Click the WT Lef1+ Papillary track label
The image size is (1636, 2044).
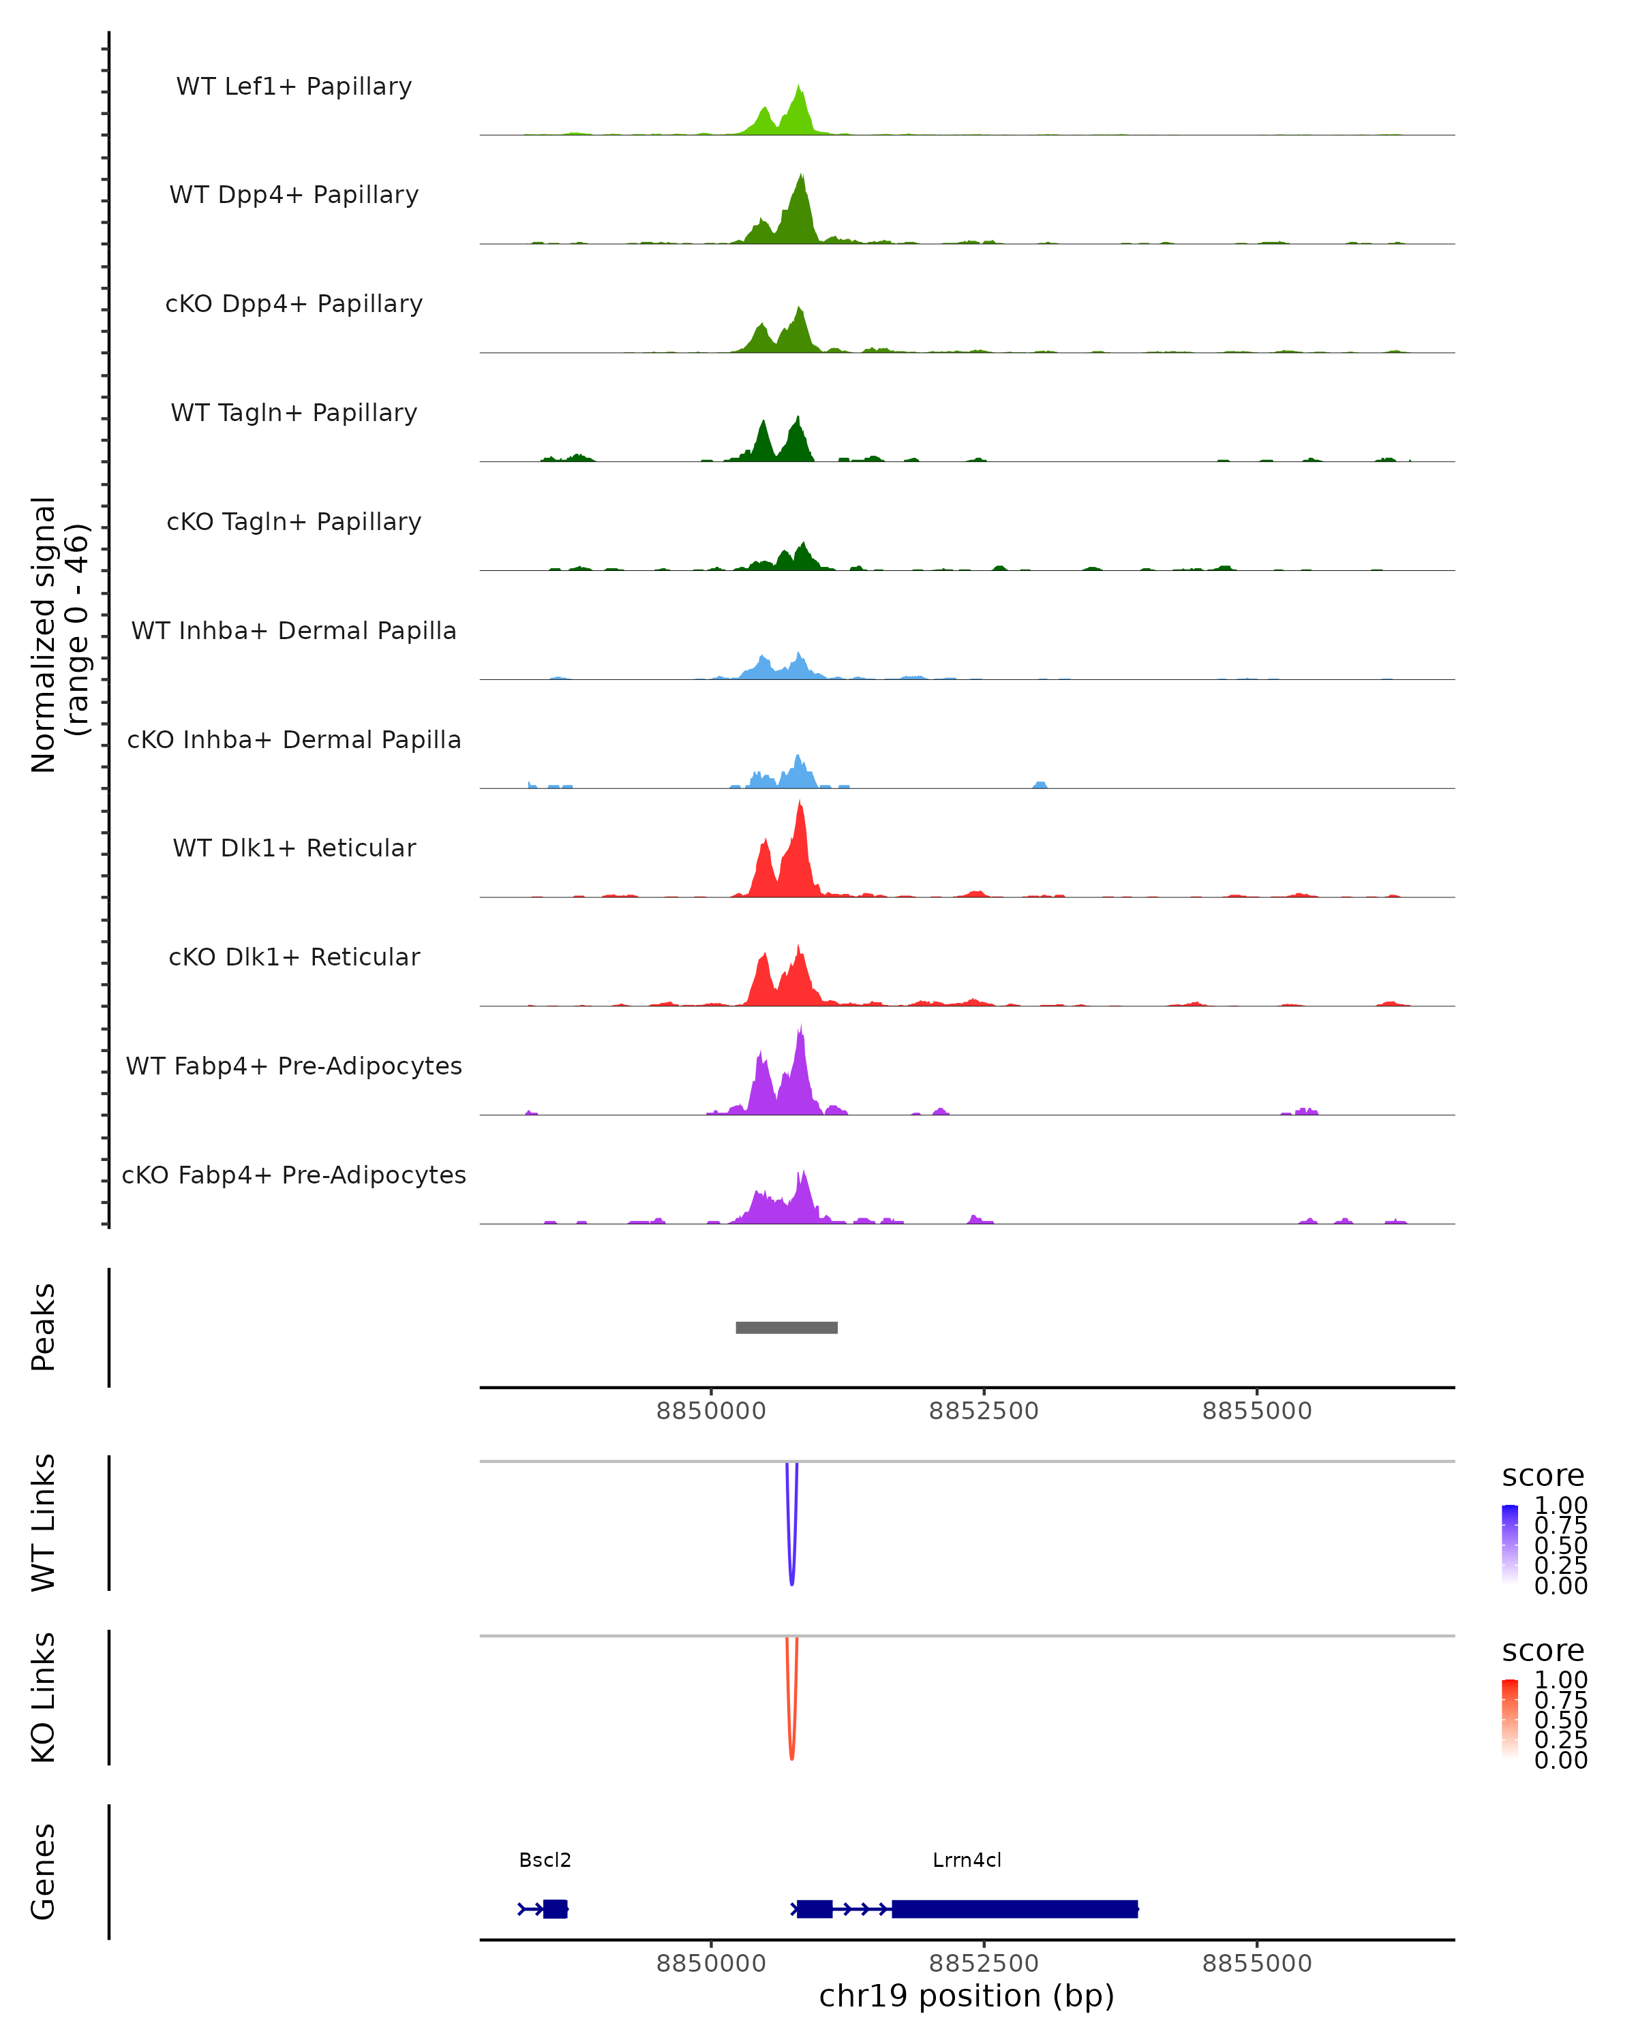pos(294,87)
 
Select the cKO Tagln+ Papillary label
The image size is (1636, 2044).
pos(294,521)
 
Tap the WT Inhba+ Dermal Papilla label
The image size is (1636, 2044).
pos(294,630)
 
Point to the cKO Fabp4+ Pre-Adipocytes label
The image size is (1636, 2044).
pos(294,1175)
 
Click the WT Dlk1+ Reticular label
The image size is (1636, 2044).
pos(294,848)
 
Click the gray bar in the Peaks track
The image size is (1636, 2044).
pos(786,1327)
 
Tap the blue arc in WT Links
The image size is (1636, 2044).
pos(792,1569)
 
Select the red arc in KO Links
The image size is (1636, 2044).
pos(792,1744)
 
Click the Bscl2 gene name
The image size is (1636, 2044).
pos(545,1860)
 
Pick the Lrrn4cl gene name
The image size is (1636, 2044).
pos(967,1860)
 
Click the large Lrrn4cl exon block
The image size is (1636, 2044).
pos(1015,1908)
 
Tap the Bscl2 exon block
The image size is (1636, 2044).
pos(556,1908)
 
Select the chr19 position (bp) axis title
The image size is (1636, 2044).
pos(967,1996)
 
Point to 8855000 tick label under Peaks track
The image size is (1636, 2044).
pos(1256,1411)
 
